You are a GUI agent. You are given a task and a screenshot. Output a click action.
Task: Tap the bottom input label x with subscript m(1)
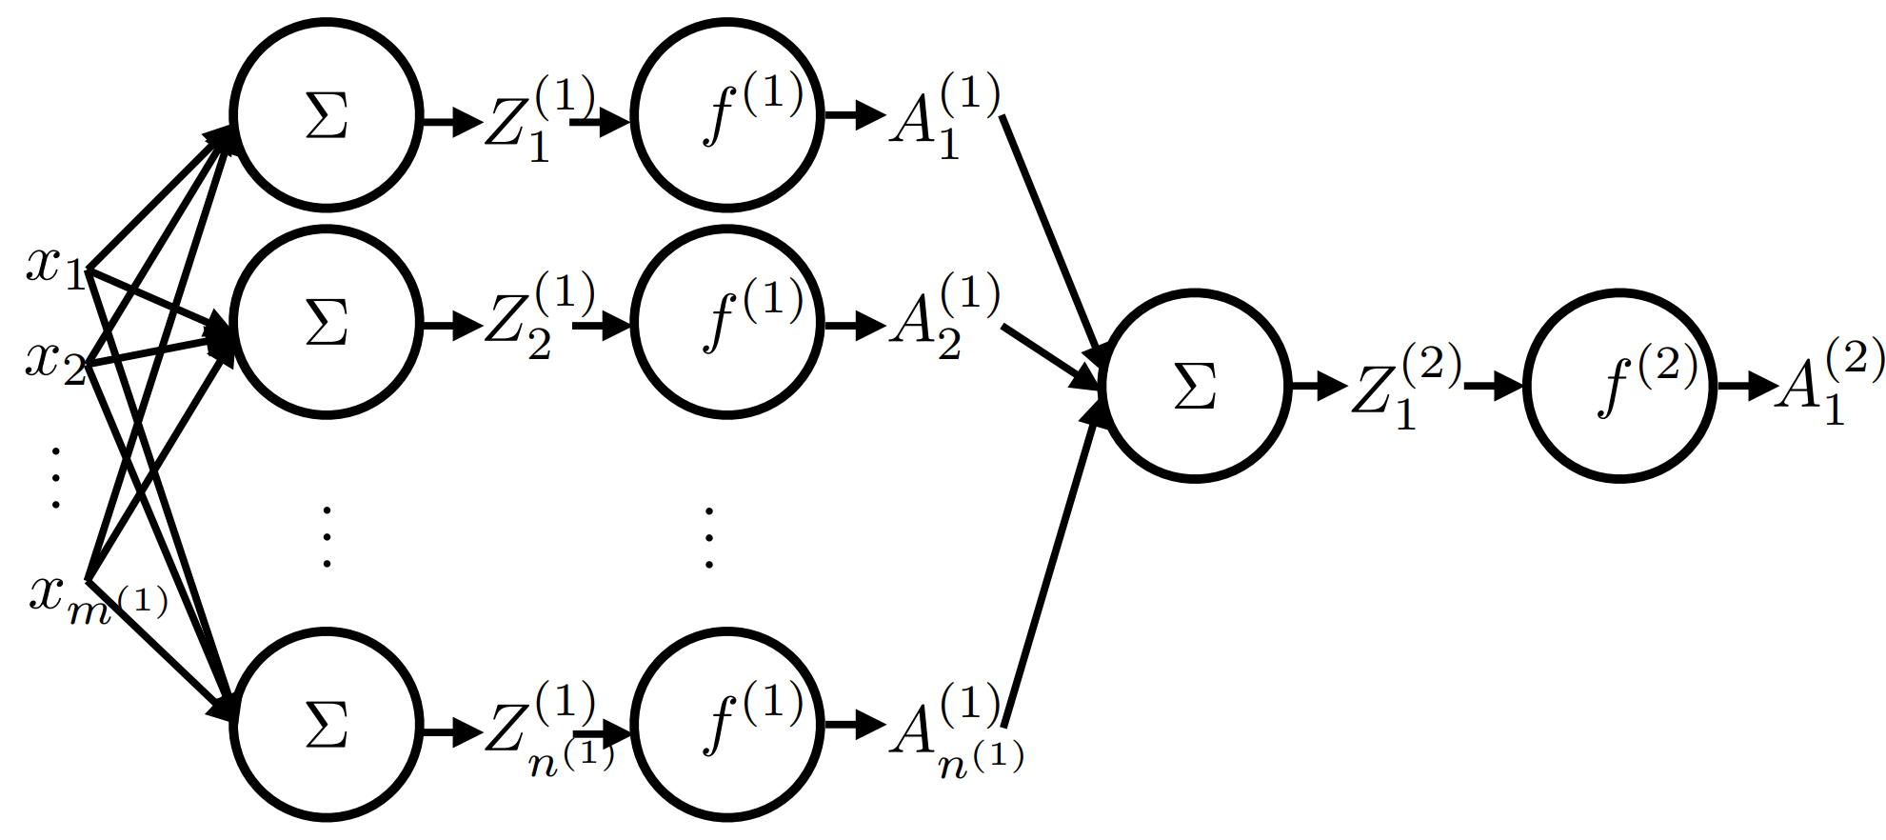95,599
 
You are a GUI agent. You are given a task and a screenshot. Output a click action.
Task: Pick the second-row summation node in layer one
327,324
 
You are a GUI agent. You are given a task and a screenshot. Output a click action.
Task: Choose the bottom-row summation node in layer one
327,726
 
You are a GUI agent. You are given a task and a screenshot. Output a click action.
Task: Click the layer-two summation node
1196,387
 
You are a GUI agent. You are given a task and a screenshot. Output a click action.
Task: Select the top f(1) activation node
727,116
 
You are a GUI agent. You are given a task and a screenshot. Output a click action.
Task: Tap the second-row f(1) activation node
727,324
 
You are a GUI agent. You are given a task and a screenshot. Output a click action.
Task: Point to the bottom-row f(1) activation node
727,726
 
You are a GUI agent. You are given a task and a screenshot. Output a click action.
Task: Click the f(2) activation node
1620,387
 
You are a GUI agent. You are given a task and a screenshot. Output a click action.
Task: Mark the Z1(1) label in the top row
538,119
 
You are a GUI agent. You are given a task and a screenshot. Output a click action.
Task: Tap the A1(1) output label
943,119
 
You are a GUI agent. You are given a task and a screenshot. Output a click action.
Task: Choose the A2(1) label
943,318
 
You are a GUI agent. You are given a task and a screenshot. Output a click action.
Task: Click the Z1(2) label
1404,387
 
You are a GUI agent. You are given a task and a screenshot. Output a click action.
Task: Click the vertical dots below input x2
55,477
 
